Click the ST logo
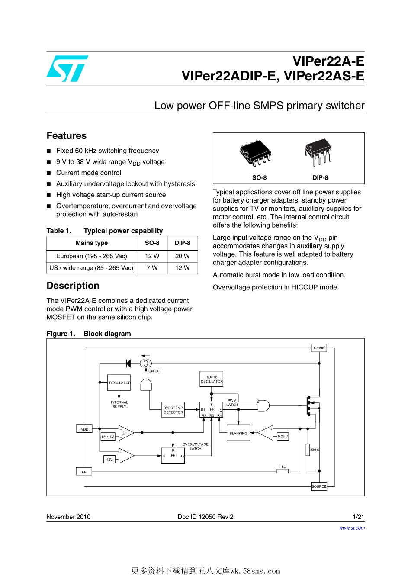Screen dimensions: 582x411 tap(67, 69)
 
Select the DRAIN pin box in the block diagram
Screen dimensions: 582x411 tap(319, 348)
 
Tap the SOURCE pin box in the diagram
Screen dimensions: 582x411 tap(319, 486)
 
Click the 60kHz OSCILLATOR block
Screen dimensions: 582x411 tap(212, 379)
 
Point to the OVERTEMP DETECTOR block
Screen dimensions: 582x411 tap(173, 410)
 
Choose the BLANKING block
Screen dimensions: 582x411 tap(238, 433)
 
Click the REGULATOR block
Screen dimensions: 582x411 tap(119, 383)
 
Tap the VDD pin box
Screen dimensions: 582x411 tap(84, 429)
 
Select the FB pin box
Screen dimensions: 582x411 tap(84, 472)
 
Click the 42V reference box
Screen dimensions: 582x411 tap(109, 460)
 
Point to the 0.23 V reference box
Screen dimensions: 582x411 tap(283, 436)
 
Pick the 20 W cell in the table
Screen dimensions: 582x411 tap(182, 256)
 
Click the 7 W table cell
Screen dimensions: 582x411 tap(152, 268)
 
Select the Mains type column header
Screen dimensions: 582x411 tap(92, 243)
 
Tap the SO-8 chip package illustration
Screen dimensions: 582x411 tap(255, 153)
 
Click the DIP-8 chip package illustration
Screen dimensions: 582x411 tap(318, 152)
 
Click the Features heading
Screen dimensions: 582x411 tap(67, 136)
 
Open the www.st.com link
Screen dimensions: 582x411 tap(352, 528)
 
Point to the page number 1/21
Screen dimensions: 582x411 tap(358, 517)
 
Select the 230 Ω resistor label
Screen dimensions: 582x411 tap(315, 450)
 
